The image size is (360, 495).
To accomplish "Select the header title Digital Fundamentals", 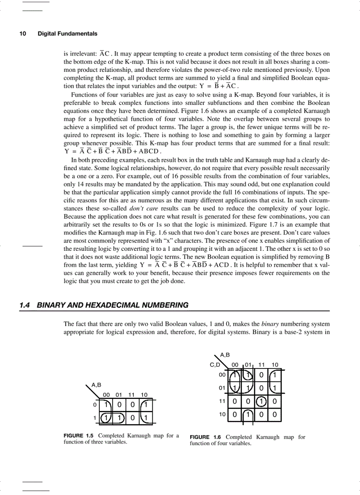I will coord(67,33).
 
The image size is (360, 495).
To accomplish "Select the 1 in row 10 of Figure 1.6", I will coord(248,415).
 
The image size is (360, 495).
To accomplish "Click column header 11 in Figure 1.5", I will coord(131,395).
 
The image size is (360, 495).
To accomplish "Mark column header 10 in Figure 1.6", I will coord(274,365).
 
